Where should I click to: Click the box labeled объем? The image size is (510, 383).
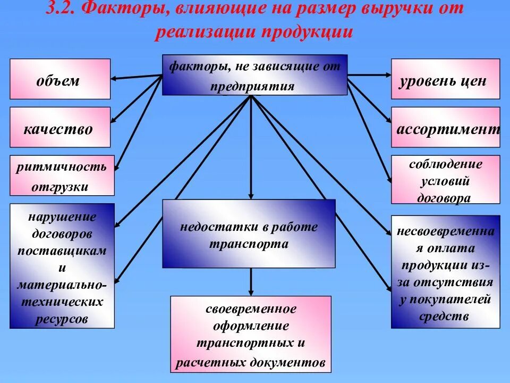coord(60,79)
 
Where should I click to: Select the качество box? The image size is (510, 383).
coord(60,128)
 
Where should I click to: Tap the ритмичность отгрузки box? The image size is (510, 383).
coord(62,176)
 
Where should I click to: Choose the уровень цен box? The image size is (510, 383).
coord(445,79)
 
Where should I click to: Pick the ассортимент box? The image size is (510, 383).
coord(445,128)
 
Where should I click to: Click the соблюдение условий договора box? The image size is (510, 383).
coord(445,180)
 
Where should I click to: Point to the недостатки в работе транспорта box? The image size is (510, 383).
coord(249,234)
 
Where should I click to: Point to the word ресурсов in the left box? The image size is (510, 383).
coord(62,319)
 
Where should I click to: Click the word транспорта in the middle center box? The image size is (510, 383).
coord(249,245)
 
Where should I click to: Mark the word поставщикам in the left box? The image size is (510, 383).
coord(62,250)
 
